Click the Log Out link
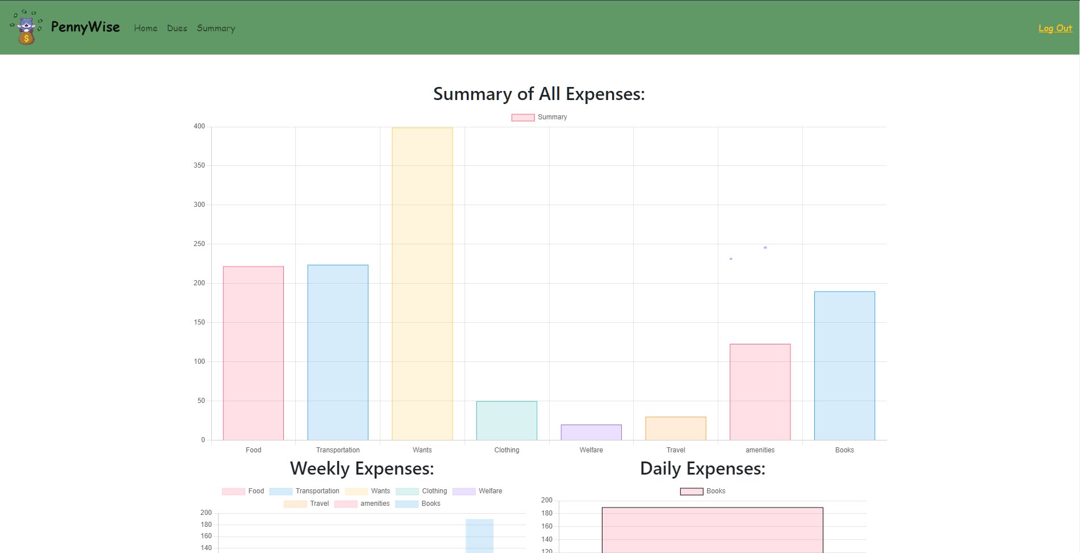(x=1055, y=28)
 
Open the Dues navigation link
(x=177, y=28)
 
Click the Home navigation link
(x=146, y=28)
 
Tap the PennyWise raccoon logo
(x=26, y=27)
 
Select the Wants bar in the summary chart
(x=422, y=284)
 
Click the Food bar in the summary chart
(x=253, y=353)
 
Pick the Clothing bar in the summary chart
(x=506, y=421)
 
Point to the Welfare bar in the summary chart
(x=591, y=433)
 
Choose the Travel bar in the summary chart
(x=676, y=429)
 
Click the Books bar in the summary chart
(x=844, y=365)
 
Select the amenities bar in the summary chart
(x=760, y=392)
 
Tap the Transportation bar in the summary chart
(x=338, y=352)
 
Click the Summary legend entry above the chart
(x=539, y=117)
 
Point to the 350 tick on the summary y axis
(x=199, y=165)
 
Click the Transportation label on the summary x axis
(x=338, y=450)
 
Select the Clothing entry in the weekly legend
(x=422, y=491)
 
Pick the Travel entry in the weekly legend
(x=307, y=504)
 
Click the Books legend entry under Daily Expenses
(x=703, y=491)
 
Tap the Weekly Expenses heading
(x=362, y=468)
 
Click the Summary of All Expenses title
(x=539, y=94)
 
